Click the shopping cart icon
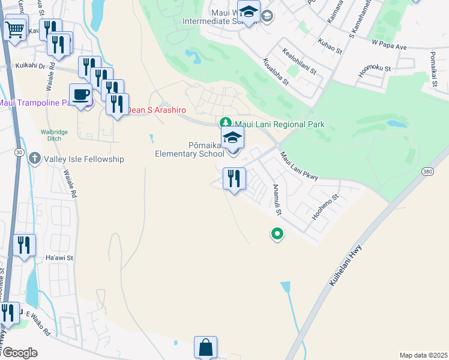16,28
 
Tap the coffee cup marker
80,95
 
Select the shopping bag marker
205,347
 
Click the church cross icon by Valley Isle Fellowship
35,159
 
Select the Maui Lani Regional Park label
279,124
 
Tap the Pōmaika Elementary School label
190,149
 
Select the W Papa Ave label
389,46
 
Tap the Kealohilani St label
299,62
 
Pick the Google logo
19,353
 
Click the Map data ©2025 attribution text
423,355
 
